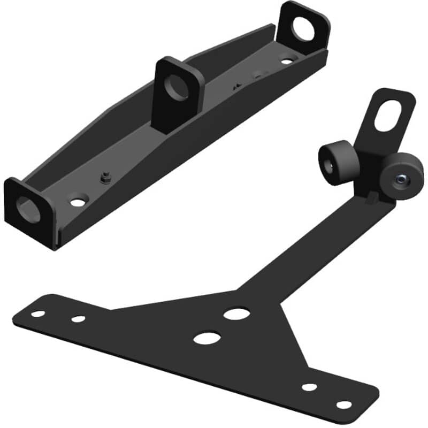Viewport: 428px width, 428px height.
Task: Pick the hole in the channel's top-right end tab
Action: pos(303,29)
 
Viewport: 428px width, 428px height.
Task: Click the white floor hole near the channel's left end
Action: pos(78,202)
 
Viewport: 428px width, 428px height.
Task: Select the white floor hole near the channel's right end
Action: pos(287,61)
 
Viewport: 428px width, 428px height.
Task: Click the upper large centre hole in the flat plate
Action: pos(236,313)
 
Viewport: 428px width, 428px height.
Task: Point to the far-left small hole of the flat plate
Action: pos(38,314)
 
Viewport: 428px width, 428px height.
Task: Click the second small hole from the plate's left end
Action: pos(78,319)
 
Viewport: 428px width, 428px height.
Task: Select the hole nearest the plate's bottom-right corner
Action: pos(344,405)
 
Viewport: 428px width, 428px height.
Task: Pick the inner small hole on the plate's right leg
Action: pos(309,386)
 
